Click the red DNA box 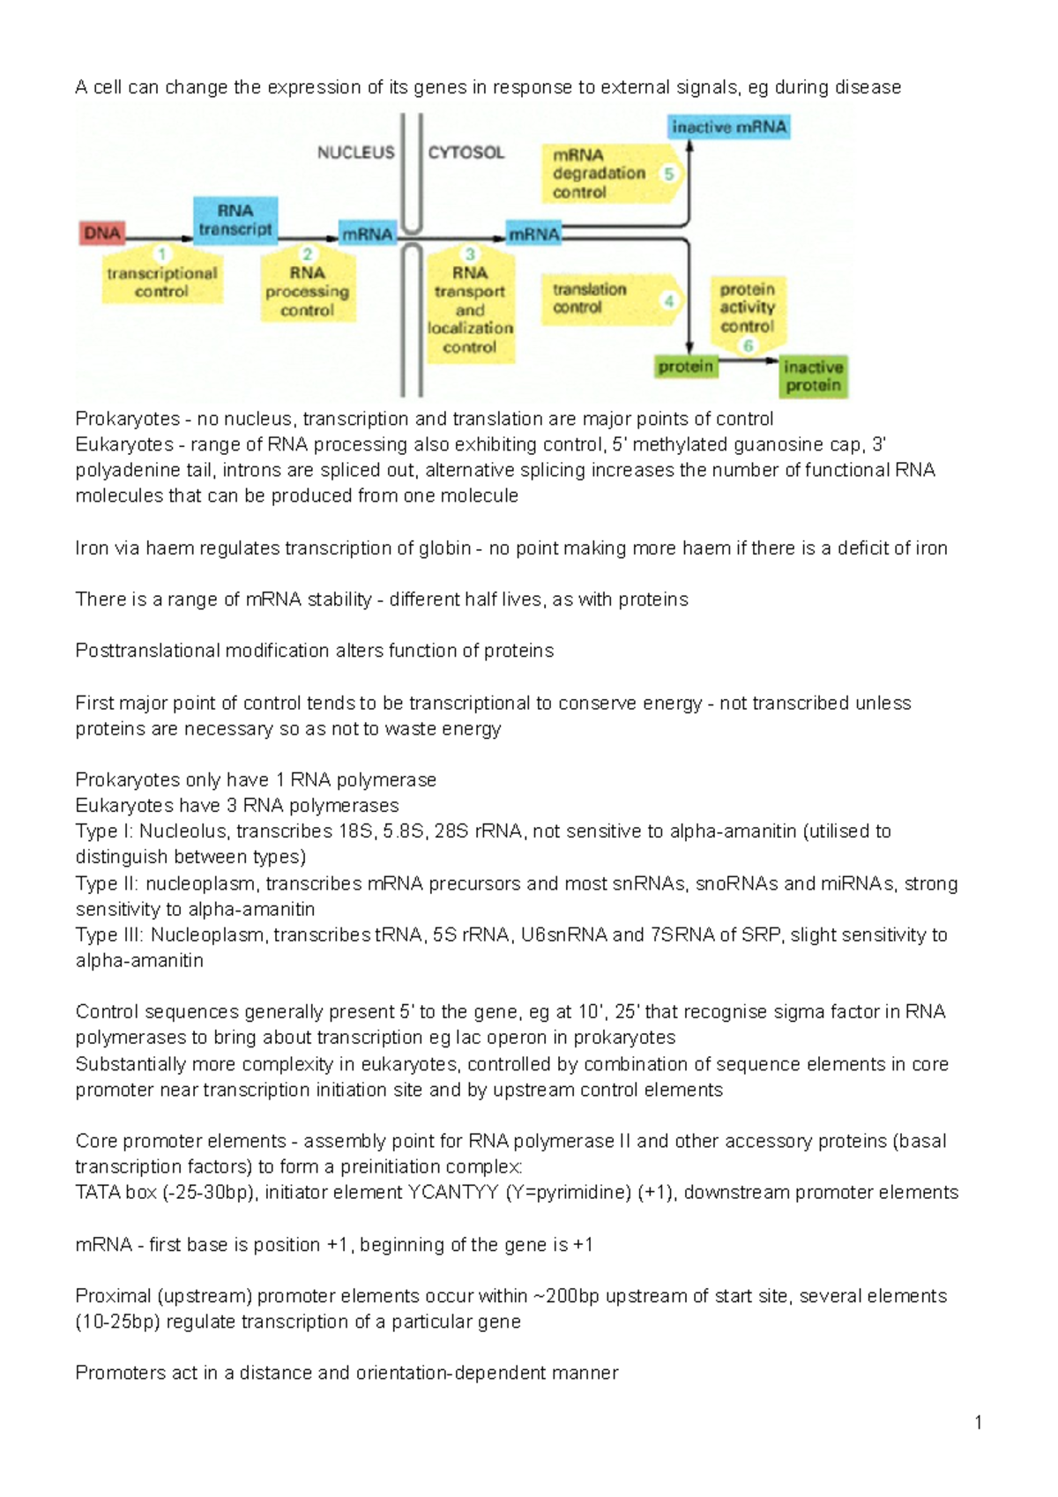pos(102,234)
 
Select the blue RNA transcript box pos(235,220)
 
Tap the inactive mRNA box pos(728,127)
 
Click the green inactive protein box pos(814,376)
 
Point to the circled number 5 pos(669,174)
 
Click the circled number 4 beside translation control pos(669,301)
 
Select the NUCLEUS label pos(355,153)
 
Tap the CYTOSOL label pos(466,153)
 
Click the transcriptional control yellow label pos(161,282)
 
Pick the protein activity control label pos(747,307)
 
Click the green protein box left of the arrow pos(685,366)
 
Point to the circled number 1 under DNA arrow pos(161,254)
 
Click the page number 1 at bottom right pos(978,1421)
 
